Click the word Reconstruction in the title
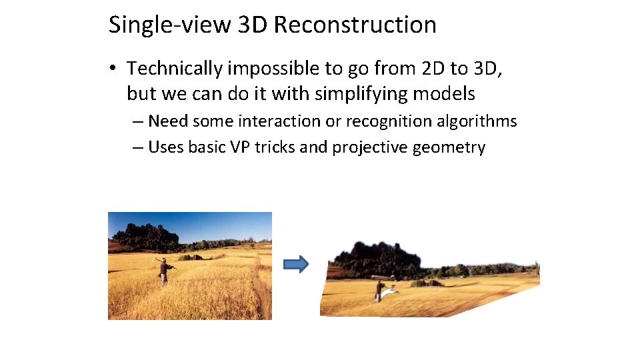coord(355,25)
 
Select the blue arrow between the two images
coord(296,265)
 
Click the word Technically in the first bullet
coord(175,69)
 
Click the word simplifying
coord(361,94)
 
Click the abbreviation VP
coord(239,147)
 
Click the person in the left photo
coord(163,271)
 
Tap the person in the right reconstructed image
coord(379,291)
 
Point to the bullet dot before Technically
coord(115,69)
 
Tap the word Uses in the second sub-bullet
coord(165,147)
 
